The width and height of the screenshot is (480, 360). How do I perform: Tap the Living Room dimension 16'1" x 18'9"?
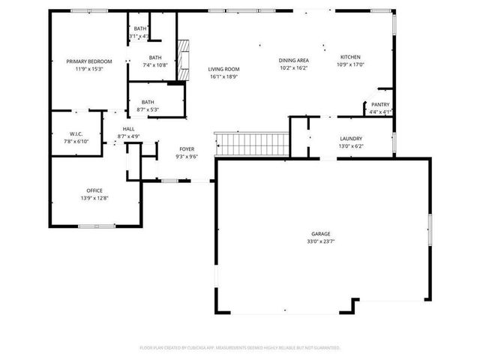(x=223, y=76)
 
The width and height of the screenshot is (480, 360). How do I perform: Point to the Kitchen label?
(x=350, y=57)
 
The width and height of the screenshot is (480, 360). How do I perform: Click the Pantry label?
(x=379, y=104)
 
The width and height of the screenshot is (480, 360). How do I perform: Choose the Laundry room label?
(x=351, y=139)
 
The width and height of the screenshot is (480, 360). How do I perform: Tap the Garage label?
(x=321, y=234)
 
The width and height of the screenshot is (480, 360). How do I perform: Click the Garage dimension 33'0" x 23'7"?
(x=321, y=241)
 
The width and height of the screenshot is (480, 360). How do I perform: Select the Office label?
(x=94, y=190)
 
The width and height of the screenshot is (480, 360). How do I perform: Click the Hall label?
(x=128, y=129)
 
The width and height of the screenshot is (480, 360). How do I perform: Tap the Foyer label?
(x=187, y=149)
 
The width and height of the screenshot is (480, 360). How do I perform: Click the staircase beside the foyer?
(x=252, y=142)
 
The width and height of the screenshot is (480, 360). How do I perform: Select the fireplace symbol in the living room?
(x=184, y=53)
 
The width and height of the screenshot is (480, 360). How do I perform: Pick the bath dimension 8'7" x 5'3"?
(x=148, y=109)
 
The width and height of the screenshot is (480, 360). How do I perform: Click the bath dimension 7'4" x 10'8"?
(x=154, y=65)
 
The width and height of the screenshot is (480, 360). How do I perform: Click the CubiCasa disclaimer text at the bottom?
(x=240, y=347)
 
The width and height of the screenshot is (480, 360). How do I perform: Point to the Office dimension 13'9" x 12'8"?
(x=94, y=198)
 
